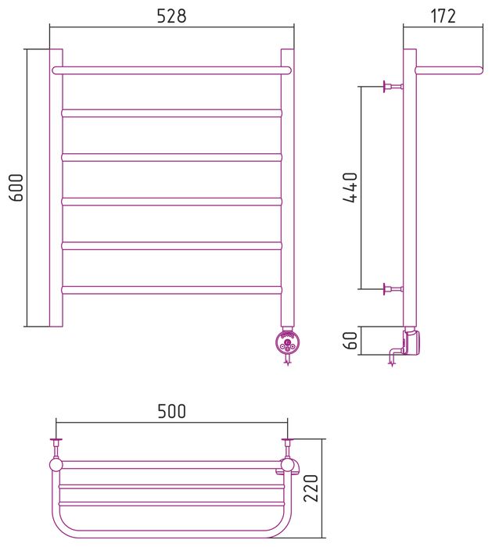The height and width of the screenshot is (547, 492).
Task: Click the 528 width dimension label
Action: pos(171,16)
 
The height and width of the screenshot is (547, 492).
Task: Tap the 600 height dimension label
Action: pos(16,188)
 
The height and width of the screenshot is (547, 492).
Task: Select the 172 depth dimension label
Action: pos(444,16)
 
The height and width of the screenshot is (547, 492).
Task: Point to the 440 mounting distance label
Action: pos(350,188)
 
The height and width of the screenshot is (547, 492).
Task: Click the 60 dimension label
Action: pos(350,340)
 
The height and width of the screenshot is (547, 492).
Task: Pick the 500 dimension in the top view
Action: pos(171,411)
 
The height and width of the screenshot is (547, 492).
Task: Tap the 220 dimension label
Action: pos(311,488)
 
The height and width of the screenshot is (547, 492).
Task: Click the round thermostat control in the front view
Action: pos(287,343)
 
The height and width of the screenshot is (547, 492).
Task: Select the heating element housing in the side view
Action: pos(411,342)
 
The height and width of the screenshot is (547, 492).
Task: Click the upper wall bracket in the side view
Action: pos(393,86)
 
